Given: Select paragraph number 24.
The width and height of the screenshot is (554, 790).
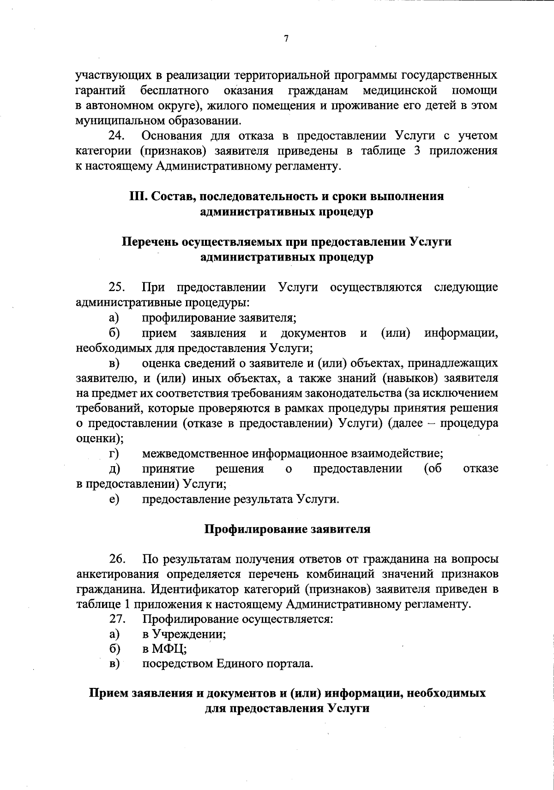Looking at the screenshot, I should coord(117,136).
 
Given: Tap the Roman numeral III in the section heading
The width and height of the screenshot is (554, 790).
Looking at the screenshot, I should coord(137,196).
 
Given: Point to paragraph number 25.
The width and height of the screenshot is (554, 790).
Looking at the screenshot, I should coord(117,287).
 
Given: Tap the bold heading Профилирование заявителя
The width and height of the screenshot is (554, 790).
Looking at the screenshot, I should coord(287,529).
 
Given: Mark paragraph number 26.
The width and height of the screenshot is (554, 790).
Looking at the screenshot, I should coord(117,559).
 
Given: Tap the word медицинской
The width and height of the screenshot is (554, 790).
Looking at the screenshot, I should coord(400,90).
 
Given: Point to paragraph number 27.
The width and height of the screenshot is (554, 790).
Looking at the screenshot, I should coord(117,619).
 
